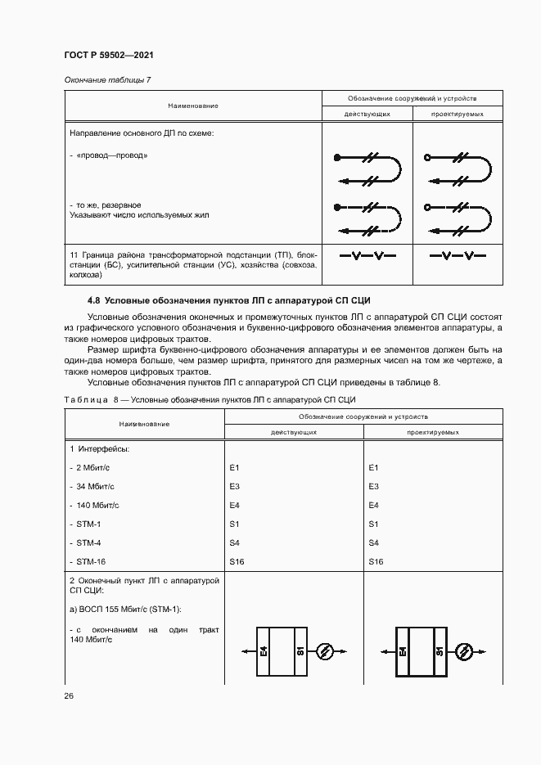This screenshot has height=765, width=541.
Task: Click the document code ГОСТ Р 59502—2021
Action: (109, 55)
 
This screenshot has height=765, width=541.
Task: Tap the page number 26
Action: (69, 695)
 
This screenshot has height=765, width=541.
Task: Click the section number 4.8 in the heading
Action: (94, 300)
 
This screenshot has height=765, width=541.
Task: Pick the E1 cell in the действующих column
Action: (234, 467)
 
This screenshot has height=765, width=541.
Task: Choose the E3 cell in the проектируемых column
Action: (374, 486)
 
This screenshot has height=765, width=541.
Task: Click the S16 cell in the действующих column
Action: (237, 561)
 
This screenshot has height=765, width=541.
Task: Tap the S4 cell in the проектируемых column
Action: (374, 542)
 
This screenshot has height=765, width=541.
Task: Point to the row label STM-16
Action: (91, 561)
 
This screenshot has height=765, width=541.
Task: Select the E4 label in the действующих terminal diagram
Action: (264, 652)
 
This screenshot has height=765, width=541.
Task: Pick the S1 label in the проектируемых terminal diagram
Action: (440, 652)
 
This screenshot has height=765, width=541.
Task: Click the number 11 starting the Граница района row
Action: (74, 255)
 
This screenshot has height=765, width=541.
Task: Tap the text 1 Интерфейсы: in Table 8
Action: (99, 448)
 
